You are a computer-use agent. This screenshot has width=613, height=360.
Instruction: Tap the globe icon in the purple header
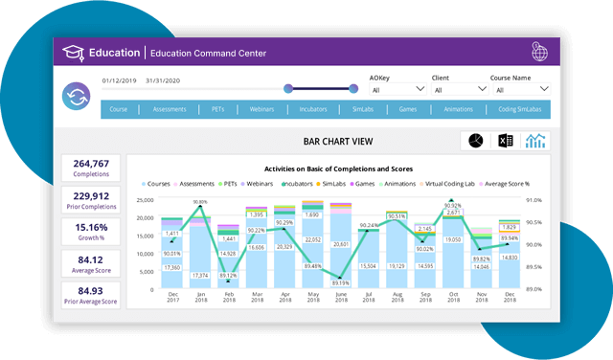[539, 53]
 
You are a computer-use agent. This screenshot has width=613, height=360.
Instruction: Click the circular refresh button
[76, 97]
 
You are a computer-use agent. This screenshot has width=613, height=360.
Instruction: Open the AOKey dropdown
[395, 90]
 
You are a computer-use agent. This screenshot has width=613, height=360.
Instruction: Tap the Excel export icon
[506, 142]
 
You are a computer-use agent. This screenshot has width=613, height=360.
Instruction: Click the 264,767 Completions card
[90, 169]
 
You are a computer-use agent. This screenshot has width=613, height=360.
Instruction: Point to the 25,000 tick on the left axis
[146, 200]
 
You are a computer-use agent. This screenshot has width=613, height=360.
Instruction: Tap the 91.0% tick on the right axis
[534, 200]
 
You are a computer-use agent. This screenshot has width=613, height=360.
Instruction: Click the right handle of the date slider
[353, 89]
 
